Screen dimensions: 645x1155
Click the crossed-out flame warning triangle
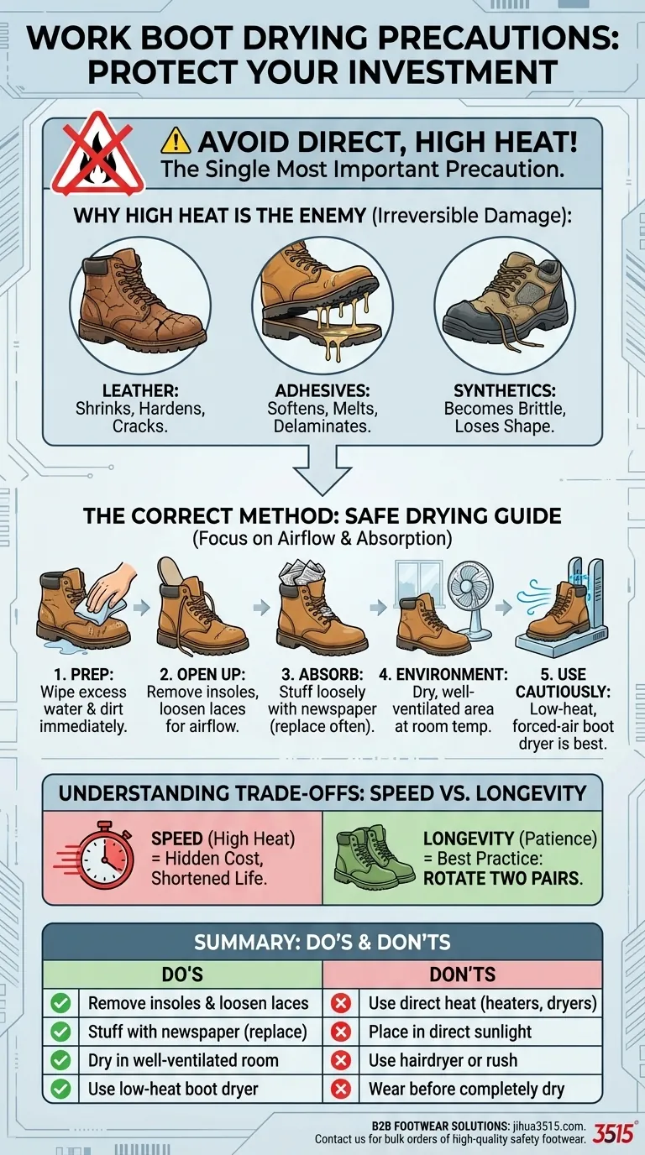pyautogui.click(x=98, y=154)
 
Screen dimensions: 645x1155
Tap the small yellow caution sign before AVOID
pyautogui.click(x=176, y=141)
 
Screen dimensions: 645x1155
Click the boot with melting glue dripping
pyautogui.click(x=322, y=303)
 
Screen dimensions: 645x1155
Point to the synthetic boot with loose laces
pyautogui.click(x=506, y=304)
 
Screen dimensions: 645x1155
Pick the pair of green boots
pyautogui.click(x=374, y=856)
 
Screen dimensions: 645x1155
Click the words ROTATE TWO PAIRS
pyautogui.click(x=503, y=878)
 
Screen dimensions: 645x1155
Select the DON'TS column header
pyautogui.click(x=463, y=974)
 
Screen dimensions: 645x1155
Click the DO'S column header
pyautogui.click(x=182, y=974)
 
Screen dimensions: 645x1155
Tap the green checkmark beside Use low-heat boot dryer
pyautogui.click(x=60, y=1089)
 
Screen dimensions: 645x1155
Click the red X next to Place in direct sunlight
pyautogui.click(x=341, y=1032)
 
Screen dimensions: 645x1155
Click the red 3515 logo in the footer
pyautogui.click(x=613, y=1133)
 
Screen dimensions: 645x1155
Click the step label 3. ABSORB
pyautogui.click(x=322, y=674)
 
